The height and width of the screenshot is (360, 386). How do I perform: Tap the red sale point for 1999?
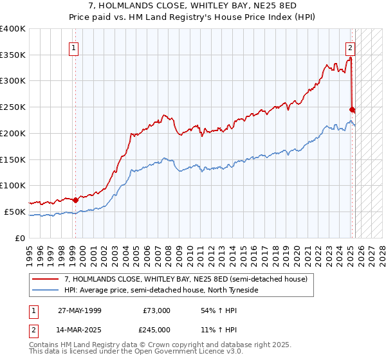click(x=75, y=199)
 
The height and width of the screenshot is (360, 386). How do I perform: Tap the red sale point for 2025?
click(x=352, y=109)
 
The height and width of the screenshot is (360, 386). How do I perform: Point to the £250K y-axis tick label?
click(x=13, y=107)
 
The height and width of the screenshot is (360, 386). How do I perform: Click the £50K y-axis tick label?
click(x=15, y=212)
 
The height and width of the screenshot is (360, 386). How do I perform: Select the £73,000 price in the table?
click(x=155, y=310)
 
